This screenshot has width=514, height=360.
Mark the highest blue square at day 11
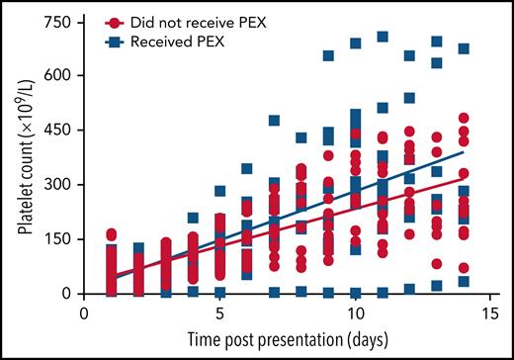[383, 37]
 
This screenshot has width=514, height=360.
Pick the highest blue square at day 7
[275, 121]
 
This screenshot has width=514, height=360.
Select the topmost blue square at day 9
[329, 55]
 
